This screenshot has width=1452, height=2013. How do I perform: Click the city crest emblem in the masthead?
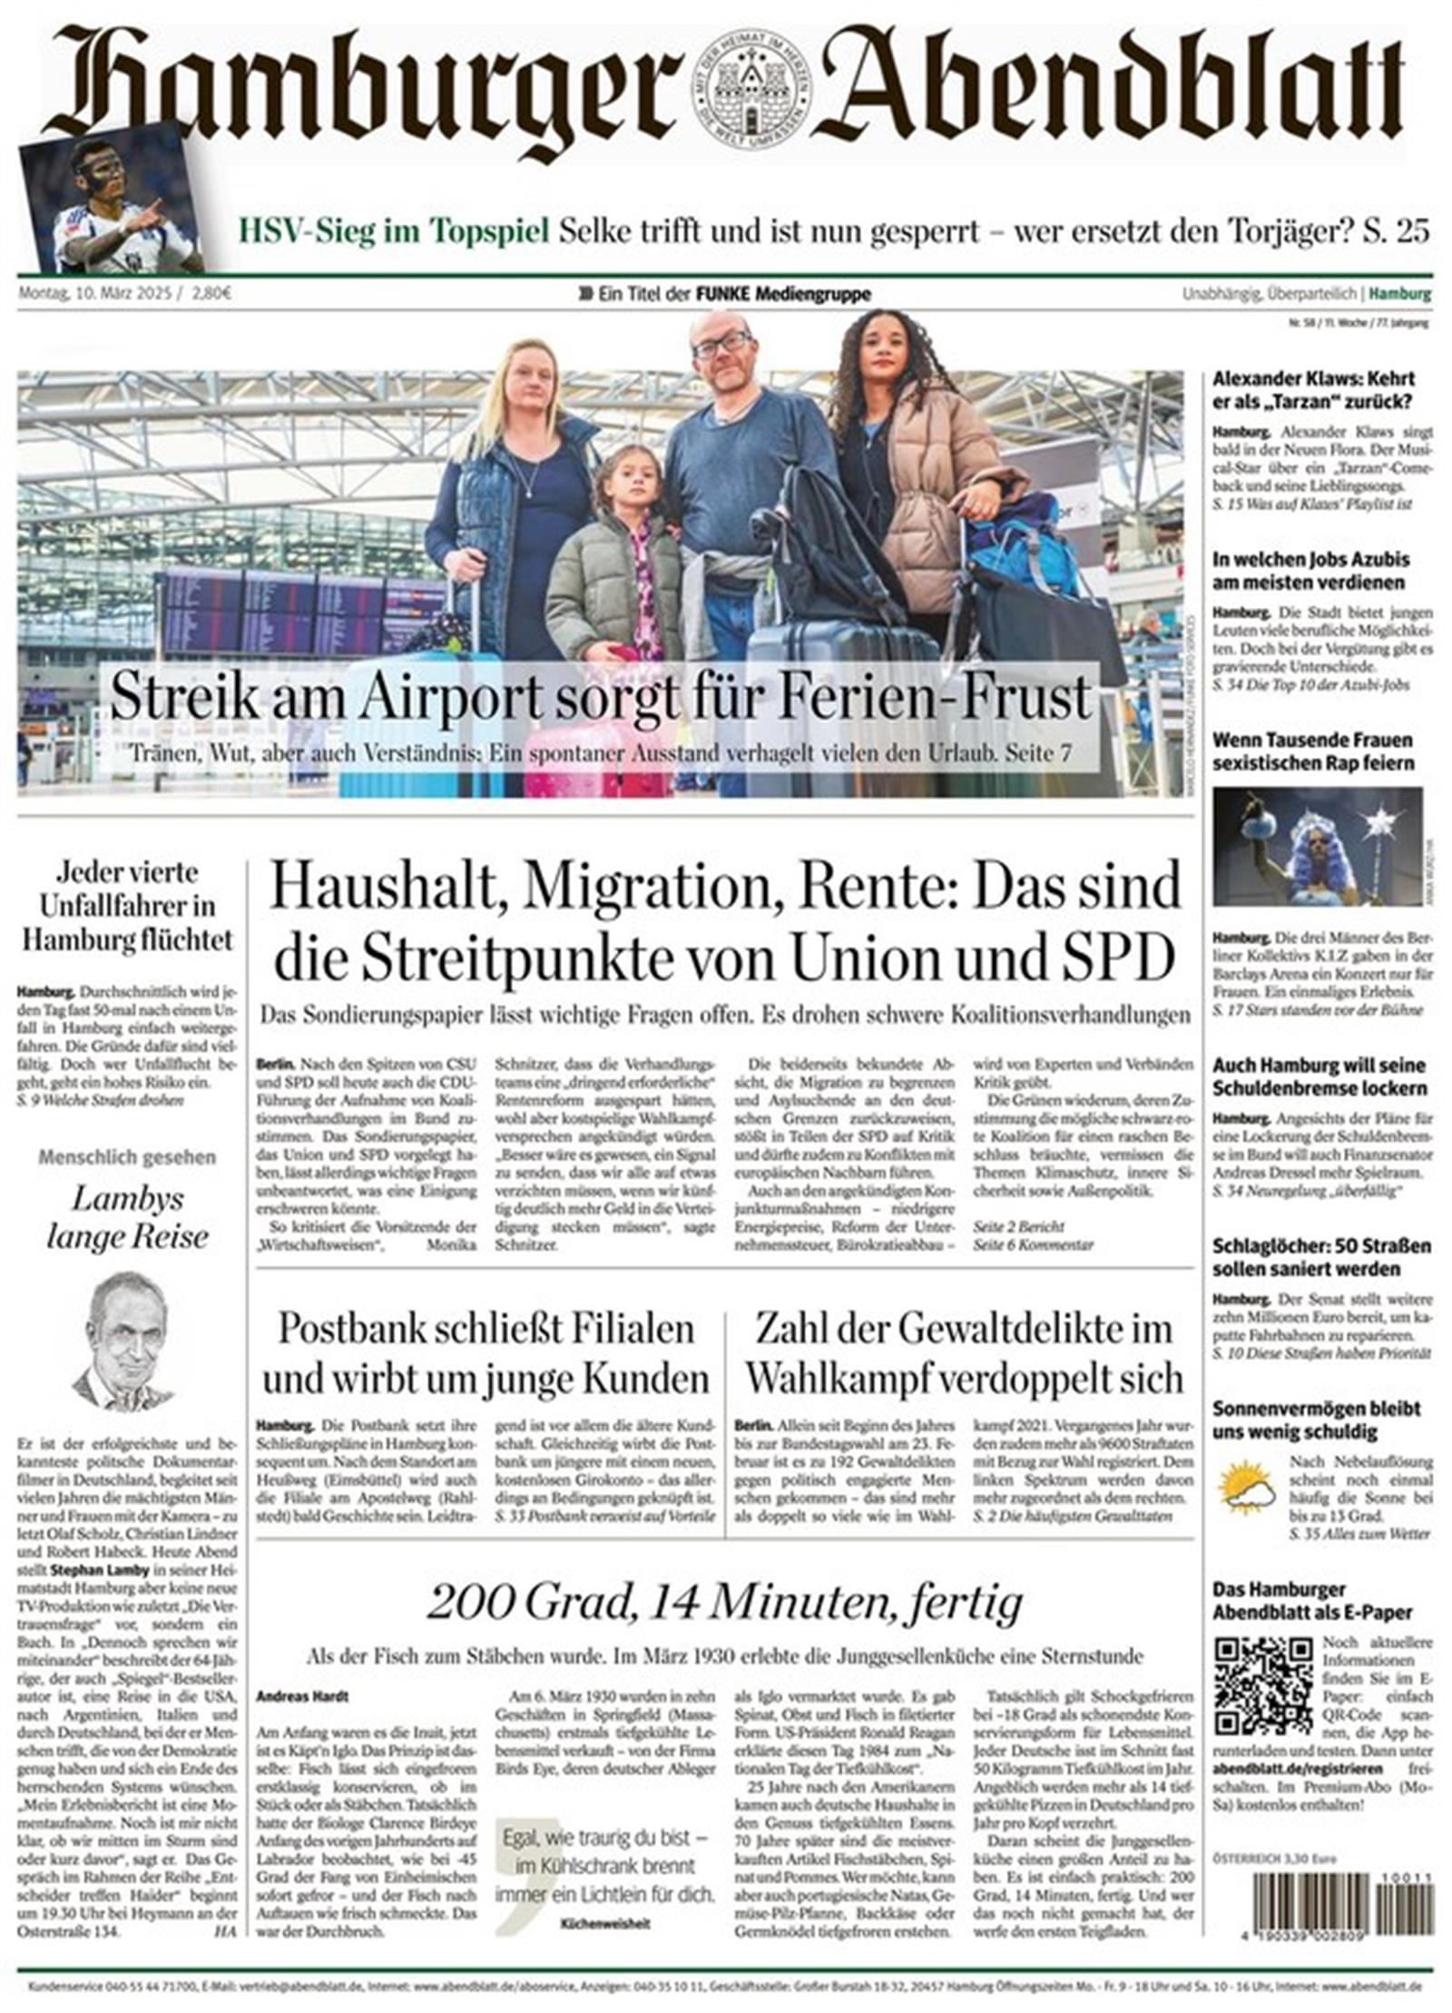tap(751, 92)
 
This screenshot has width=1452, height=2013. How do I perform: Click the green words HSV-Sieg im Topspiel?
tap(393, 231)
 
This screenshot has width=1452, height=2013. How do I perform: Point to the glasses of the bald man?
tap(721, 343)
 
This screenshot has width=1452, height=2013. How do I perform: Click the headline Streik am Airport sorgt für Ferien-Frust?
tap(600, 697)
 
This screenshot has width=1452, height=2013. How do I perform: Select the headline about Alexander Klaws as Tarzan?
tap(1313, 390)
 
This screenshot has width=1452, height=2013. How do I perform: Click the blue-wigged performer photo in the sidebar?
tap(1316, 846)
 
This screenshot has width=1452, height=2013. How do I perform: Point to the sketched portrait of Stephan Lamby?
tap(126, 1341)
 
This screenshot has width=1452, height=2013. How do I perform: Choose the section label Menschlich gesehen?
tap(127, 1157)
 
